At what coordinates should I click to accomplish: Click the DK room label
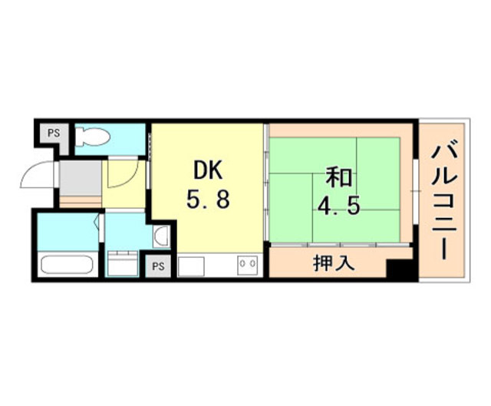pyautogui.click(x=208, y=170)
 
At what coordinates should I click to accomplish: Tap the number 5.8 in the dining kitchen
pyautogui.click(x=208, y=200)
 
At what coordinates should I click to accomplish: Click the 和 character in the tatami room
pyautogui.click(x=339, y=177)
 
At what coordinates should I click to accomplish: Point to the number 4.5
pyautogui.click(x=338, y=206)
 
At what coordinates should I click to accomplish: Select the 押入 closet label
pyautogui.click(x=334, y=262)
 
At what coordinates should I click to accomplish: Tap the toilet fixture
pyautogui.click(x=93, y=137)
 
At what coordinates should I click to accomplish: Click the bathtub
pyautogui.click(x=68, y=265)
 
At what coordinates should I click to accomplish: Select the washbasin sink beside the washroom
pyautogui.click(x=162, y=236)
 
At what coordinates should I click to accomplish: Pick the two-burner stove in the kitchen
pyautogui.click(x=247, y=265)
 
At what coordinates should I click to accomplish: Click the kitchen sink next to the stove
pyautogui.click(x=191, y=266)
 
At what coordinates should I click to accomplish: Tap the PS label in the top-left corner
pyautogui.click(x=54, y=133)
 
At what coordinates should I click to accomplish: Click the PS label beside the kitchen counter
pyautogui.click(x=158, y=266)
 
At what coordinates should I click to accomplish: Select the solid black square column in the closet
pyautogui.click(x=399, y=268)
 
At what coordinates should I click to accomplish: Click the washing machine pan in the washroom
pyautogui.click(x=122, y=263)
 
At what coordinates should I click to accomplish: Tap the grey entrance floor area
pyautogui.click(x=80, y=178)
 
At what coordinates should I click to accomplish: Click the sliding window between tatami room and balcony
pyautogui.click(x=415, y=191)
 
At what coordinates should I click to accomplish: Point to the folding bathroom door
pyautogui.click(x=101, y=227)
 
